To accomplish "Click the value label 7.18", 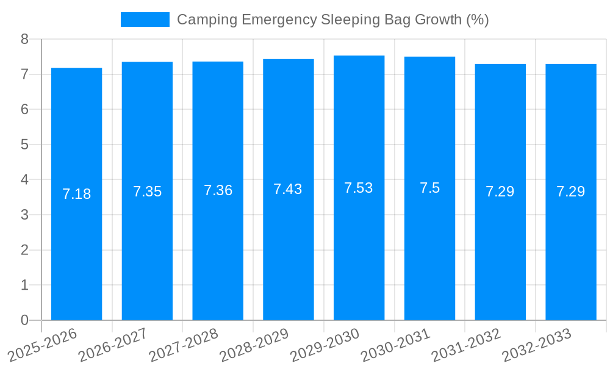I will point(76,194).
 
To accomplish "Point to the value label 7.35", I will point(147,192).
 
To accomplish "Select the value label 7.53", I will point(359,188).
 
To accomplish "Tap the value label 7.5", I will point(429,188).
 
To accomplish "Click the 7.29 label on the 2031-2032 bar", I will point(500,192).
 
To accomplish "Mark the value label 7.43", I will point(288,189).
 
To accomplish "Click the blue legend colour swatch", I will point(145,20).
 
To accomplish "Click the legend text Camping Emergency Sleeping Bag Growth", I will point(332,20).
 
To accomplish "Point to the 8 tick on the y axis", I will point(24,39).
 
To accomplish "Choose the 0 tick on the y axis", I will point(24,320).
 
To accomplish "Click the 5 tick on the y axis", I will point(24,145).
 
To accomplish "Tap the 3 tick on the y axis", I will point(24,215).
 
